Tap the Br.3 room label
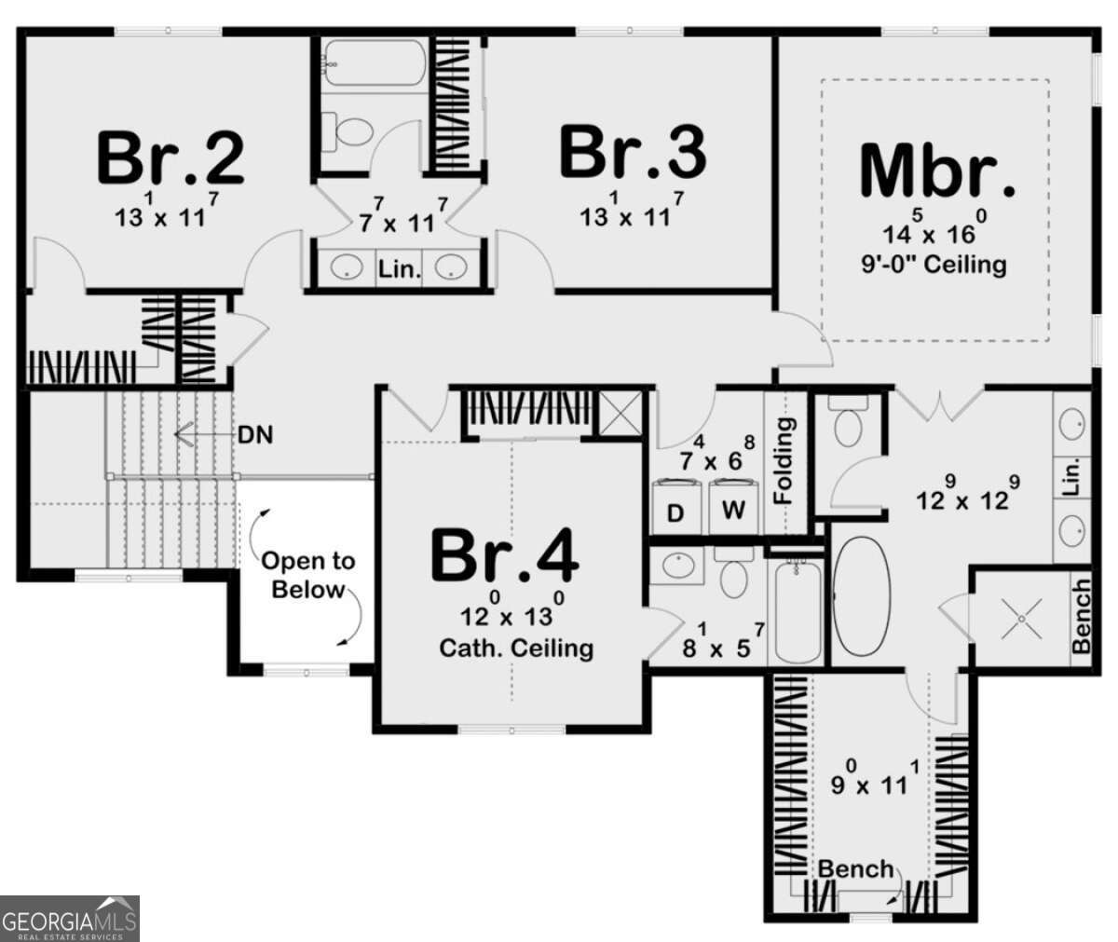pos(633,153)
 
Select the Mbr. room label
pos(936,171)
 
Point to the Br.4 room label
pos(504,556)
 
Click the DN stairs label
pos(255,434)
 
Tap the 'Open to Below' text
pos(307,575)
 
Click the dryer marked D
pos(677,512)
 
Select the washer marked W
pos(734,511)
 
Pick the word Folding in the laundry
pos(784,460)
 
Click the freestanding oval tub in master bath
pos(862,597)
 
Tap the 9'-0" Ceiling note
pos(934,265)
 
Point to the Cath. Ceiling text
pos(516,647)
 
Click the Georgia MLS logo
pos(70,918)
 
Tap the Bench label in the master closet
pos(854,868)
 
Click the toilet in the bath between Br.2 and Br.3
pos(351,131)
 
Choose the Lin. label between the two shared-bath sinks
pos(399,270)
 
